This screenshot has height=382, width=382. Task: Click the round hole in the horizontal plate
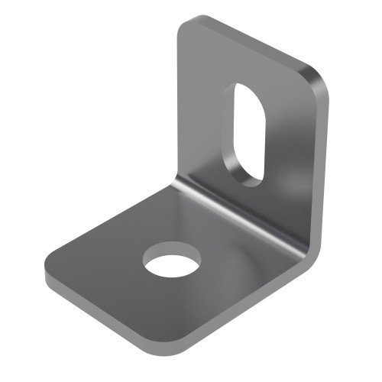(171, 260)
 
